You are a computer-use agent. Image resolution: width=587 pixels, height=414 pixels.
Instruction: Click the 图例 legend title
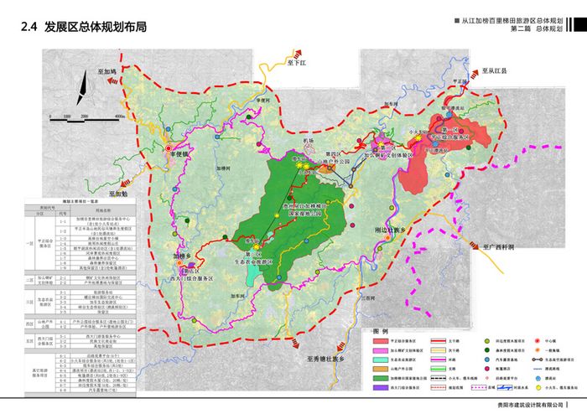point(382,332)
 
